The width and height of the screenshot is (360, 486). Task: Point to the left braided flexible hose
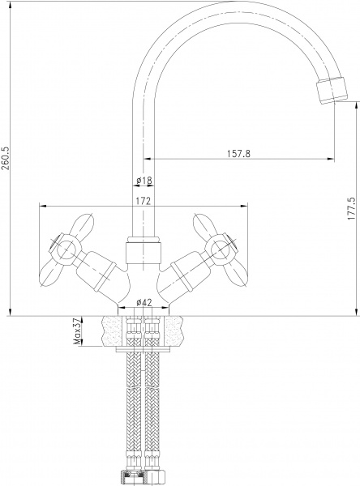[x=130, y=405]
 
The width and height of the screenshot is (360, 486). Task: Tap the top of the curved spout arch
[x=219, y=6]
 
